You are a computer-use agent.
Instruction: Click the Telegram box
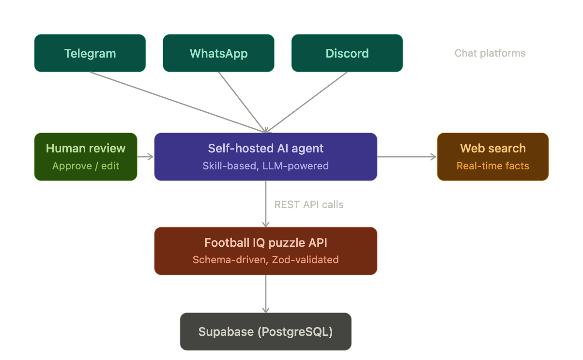[90, 53]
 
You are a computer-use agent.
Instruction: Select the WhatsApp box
[218, 53]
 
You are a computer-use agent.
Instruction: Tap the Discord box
[347, 53]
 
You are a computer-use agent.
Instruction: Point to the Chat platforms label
[490, 53]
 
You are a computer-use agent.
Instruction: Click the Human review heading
[86, 149]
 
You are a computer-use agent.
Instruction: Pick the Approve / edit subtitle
[86, 166]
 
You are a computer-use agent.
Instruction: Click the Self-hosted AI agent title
[265, 149]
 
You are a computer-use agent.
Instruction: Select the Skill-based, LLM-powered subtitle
[265, 166]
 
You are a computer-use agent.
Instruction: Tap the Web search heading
[492, 149]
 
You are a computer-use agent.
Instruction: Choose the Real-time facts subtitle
[492, 166]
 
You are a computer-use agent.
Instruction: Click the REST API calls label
[309, 205]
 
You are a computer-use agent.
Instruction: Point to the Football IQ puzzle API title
[265, 242]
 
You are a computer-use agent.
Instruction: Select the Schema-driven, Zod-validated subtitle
[265, 260]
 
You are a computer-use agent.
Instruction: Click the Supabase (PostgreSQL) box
[265, 331]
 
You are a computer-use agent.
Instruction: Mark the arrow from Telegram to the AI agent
[177, 102]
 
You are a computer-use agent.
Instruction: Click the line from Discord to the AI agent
[307, 102]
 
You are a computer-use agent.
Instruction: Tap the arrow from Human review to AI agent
[145, 157]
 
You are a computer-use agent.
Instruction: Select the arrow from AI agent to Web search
[407, 157]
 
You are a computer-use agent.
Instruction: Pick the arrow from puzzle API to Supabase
[265, 293]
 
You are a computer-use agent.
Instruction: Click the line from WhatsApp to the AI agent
[242, 102]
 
